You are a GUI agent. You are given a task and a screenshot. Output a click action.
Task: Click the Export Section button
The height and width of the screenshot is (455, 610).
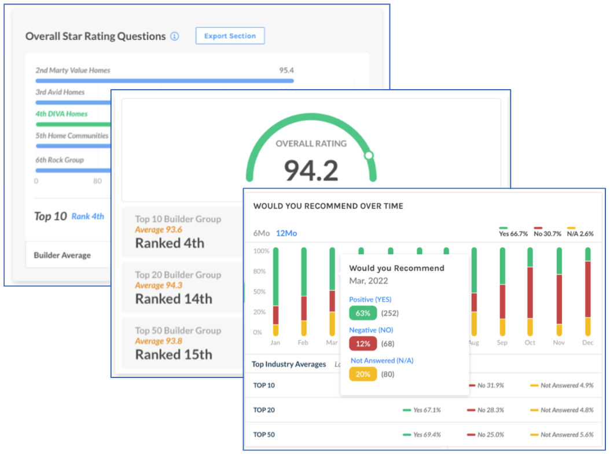230,36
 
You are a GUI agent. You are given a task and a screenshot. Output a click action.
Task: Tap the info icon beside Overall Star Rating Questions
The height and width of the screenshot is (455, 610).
174,36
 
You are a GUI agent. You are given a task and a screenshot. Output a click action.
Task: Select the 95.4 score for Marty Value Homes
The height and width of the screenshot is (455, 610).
286,71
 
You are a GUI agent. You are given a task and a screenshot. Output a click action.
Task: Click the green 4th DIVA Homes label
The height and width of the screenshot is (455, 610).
61,114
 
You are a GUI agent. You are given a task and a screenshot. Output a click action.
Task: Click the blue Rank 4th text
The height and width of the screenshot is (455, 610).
88,217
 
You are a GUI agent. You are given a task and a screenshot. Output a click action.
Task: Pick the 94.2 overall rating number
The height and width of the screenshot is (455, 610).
311,171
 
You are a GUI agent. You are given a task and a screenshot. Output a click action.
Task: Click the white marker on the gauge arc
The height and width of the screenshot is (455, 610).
369,155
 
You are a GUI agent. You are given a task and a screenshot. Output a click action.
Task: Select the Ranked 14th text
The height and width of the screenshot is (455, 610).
174,299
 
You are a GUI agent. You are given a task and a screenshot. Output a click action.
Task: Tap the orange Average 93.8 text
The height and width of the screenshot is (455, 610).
158,341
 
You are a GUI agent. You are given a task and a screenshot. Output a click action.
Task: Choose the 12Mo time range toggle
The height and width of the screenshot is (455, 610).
286,233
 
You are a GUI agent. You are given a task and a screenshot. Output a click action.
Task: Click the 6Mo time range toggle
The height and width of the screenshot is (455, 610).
261,233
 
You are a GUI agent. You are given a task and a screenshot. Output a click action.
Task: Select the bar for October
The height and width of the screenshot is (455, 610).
530,291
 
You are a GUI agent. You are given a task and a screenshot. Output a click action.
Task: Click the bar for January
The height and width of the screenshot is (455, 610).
275,291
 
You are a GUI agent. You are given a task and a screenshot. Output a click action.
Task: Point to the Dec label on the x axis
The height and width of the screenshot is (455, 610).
588,343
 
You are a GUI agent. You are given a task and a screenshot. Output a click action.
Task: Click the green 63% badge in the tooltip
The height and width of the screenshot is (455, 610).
363,313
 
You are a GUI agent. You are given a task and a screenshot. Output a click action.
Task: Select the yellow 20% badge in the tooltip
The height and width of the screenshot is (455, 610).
363,375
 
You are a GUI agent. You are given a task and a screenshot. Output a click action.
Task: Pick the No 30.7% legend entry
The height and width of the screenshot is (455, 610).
546,234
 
